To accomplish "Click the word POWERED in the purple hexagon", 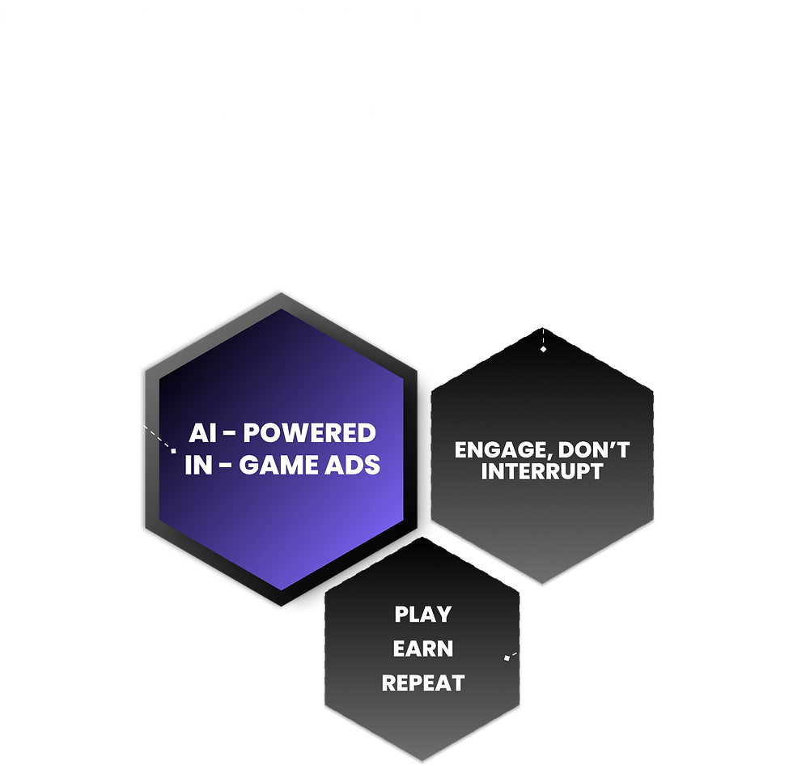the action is pos(309,433).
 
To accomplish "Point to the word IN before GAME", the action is pos(198,466).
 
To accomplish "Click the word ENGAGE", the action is pos(498,449).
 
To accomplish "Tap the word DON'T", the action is pos(594,449).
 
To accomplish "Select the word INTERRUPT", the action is pos(542,471).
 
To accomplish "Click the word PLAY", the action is pos(422,615).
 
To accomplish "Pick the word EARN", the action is pos(423,649).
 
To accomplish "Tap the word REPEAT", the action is pos(423,683).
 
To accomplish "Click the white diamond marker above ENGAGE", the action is pos(543,349).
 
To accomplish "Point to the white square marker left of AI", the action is pos(173,450).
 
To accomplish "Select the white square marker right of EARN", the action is pos(507,657).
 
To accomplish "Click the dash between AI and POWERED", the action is pos(229,434).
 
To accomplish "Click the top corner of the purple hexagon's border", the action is pos(282,292).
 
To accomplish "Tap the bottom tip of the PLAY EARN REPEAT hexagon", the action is pos(422,761).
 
